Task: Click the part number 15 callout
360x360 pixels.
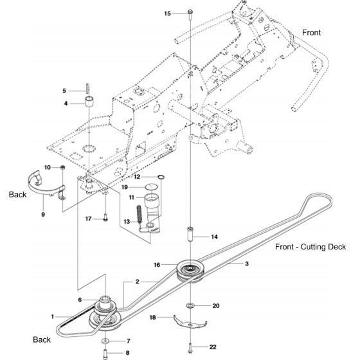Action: (168, 14)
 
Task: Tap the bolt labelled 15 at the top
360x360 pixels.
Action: (191, 13)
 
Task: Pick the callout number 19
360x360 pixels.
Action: (127, 186)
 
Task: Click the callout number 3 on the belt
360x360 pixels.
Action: (246, 264)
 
